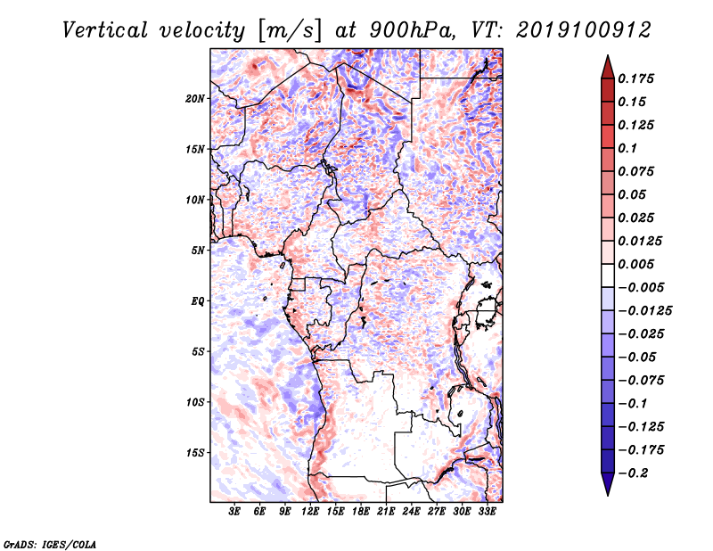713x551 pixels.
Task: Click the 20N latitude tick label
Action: [195, 99]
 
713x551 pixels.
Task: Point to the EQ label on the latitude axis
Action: [197, 301]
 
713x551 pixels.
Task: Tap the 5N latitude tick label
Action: [198, 251]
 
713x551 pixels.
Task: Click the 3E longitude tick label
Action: [234, 512]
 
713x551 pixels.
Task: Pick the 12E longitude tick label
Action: [310, 512]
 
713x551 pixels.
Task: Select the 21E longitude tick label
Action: [386, 512]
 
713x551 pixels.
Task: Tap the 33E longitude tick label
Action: [487, 512]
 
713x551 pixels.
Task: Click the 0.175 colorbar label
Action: [635, 78]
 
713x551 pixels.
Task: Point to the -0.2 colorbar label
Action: [633, 473]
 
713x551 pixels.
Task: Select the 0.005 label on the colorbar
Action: [635, 264]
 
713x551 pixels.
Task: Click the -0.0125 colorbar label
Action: [644, 311]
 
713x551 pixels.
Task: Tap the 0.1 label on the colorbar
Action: [627, 148]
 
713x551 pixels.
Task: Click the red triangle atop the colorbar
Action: [608, 68]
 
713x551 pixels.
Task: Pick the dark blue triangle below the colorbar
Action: [608, 484]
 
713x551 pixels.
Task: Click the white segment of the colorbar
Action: [608, 275]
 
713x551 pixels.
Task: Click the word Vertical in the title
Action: [105, 30]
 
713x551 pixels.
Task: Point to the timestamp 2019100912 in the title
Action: [584, 30]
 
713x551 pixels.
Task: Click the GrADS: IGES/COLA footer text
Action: [50, 544]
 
